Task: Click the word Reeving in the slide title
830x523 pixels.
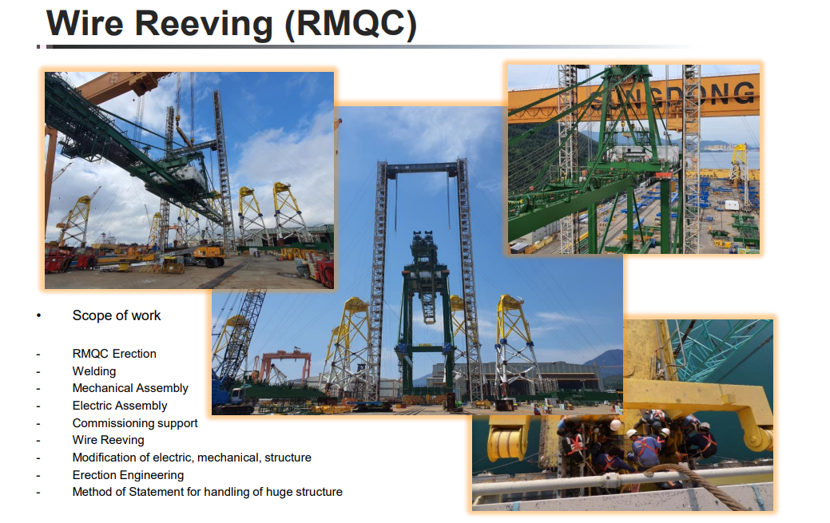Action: coord(204,24)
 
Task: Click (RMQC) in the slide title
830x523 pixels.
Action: coord(351,24)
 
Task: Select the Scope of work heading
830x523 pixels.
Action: coord(117,315)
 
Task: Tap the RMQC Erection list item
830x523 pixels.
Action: coord(114,354)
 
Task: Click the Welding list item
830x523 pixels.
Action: coord(94,371)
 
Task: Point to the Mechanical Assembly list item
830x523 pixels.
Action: coord(130,389)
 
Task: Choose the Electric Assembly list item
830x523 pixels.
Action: coord(120,406)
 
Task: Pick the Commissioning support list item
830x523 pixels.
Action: coord(135,423)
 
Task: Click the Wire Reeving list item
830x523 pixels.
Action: coord(108,440)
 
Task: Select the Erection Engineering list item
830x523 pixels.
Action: coord(128,475)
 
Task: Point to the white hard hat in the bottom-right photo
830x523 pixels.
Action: coord(615,425)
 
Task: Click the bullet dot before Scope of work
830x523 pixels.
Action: coord(38,315)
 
